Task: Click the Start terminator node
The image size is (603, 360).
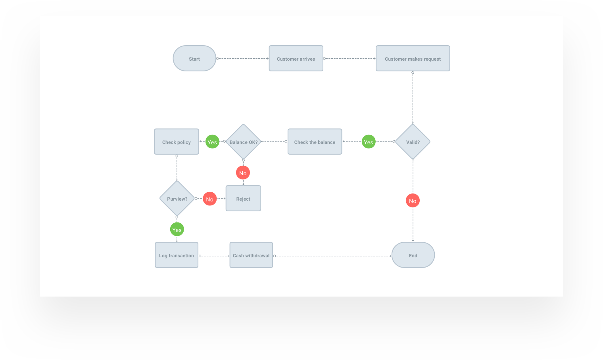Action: (194, 59)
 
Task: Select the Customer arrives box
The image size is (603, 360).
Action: (296, 59)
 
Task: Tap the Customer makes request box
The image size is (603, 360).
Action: (413, 59)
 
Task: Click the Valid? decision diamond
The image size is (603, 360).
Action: (413, 142)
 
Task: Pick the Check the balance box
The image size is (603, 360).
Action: (315, 142)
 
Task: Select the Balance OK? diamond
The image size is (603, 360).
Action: (243, 142)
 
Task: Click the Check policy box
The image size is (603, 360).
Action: (177, 142)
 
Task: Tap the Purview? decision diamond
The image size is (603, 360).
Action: (177, 199)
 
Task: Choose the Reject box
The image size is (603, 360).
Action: (243, 199)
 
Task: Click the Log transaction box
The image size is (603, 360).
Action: (177, 255)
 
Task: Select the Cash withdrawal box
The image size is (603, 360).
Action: (251, 255)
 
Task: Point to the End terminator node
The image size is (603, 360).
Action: (413, 255)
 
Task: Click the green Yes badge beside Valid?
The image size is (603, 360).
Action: (369, 142)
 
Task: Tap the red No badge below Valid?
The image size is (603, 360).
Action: (413, 201)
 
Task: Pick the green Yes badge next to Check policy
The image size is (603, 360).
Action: (212, 142)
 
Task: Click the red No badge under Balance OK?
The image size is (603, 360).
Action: (243, 173)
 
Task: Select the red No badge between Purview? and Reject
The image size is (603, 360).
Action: (209, 199)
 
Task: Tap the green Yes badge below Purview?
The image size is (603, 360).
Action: (177, 230)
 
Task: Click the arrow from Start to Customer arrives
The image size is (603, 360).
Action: (243, 59)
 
